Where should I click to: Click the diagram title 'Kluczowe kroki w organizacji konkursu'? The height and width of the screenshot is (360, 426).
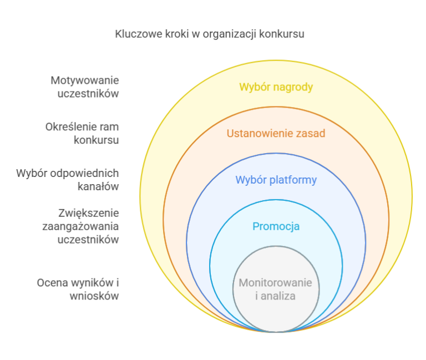pyautogui.click(x=210, y=34)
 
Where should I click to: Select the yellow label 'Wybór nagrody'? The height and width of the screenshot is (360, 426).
pyautogui.click(x=276, y=88)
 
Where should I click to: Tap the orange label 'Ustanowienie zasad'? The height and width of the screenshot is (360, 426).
pyautogui.click(x=276, y=133)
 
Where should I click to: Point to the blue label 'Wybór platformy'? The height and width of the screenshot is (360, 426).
pyautogui.click(x=276, y=180)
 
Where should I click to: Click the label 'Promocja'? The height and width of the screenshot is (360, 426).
pyautogui.click(x=276, y=227)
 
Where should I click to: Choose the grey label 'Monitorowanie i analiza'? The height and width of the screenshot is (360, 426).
pyautogui.click(x=276, y=290)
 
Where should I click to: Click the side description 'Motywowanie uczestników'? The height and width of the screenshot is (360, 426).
pyautogui.click(x=85, y=87)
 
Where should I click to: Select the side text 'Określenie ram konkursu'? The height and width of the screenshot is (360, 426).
pyautogui.click(x=82, y=133)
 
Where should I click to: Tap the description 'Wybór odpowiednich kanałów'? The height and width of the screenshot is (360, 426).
pyautogui.click(x=67, y=180)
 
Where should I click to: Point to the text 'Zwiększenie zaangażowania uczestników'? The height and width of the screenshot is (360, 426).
pyautogui.click(x=80, y=226)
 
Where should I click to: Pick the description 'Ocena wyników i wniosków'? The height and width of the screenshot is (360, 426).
pyautogui.click(x=78, y=290)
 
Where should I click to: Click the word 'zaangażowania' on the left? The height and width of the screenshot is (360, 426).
pyautogui.click(x=80, y=227)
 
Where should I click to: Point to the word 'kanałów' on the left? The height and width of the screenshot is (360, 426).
pyautogui.click(x=98, y=187)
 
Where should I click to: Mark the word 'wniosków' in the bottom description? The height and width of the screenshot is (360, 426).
pyautogui.click(x=94, y=296)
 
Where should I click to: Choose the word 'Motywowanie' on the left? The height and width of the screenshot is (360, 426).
pyautogui.click(x=85, y=80)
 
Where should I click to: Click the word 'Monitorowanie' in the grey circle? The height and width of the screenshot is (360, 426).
pyautogui.click(x=276, y=283)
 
